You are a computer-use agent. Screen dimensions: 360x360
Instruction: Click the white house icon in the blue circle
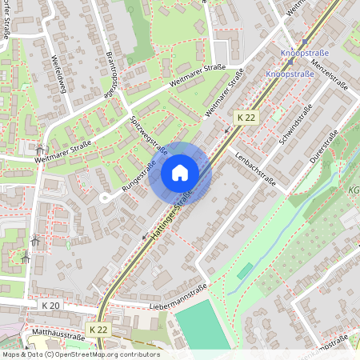[180, 173]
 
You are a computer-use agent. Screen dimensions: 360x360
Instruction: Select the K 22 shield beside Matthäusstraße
[99, 330]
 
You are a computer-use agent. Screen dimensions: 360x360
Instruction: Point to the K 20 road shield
[50, 306]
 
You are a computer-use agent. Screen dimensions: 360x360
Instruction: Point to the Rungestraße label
[138, 176]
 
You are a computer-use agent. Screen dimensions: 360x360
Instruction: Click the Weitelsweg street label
[58, 75]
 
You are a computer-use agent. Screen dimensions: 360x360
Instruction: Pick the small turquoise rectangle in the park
[244, 272]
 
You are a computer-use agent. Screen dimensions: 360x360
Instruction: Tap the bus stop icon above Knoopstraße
[304, 43]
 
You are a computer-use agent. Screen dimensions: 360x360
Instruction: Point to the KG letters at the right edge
[353, 191]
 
